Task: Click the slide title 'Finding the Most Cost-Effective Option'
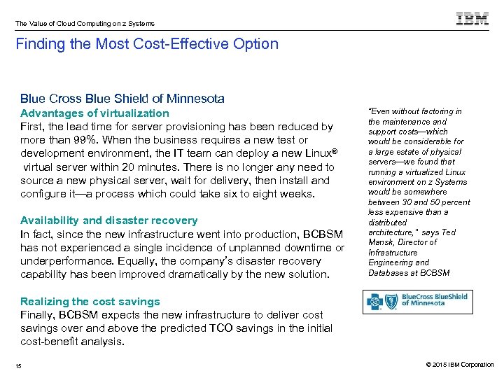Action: [x=148, y=44]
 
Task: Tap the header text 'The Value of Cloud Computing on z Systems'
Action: [x=85, y=24]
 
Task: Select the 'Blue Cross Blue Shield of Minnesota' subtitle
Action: [x=122, y=99]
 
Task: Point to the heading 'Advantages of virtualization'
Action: [x=94, y=113]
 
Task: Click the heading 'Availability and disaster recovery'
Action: [x=108, y=220]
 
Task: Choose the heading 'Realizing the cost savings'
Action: [x=90, y=302]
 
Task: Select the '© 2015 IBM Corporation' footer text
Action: [x=458, y=365]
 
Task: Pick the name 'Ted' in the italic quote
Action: [x=449, y=232]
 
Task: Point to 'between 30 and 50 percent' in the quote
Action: [x=419, y=202]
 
